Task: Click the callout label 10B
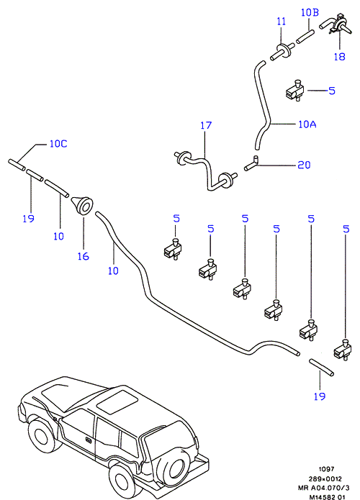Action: coord(310,12)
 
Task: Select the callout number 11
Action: coord(281,22)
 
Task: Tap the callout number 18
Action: coord(339,56)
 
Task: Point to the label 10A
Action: coord(307,124)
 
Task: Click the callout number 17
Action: coord(206,125)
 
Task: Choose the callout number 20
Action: coord(304,165)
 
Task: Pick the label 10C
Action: coord(58,144)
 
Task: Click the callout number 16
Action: coord(84,256)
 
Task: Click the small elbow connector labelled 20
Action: coord(252,163)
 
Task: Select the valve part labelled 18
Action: coord(336,24)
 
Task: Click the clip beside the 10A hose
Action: coord(294,91)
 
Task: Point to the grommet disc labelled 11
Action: coord(283,52)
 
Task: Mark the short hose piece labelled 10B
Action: coord(305,37)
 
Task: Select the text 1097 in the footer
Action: coord(326,469)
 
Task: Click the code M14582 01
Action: coord(327,497)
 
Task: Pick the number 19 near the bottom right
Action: coord(319,396)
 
